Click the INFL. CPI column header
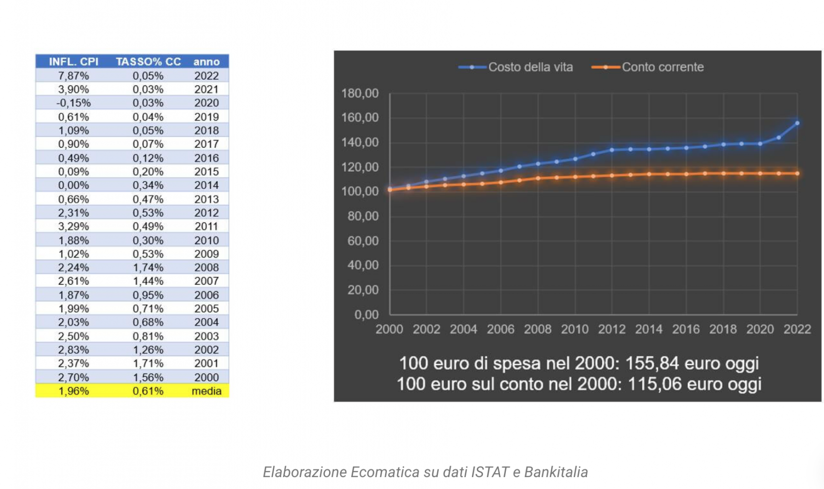[74, 62]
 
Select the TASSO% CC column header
[148, 62]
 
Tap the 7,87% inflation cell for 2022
[74, 75]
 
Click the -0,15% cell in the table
[74, 103]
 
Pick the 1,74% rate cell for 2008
[148, 267]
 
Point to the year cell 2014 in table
[206, 185]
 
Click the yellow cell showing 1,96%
[74, 391]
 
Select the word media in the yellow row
[206, 391]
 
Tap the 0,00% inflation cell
[74, 185]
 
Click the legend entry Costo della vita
[530, 67]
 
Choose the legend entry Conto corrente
[662, 67]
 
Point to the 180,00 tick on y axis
[360, 94]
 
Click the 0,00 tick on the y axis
[366, 315]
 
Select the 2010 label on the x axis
[575, 330]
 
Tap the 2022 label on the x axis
[797, 330]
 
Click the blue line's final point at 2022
[797, 123]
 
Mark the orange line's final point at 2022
[797, 173]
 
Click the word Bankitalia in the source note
[556, 472]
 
